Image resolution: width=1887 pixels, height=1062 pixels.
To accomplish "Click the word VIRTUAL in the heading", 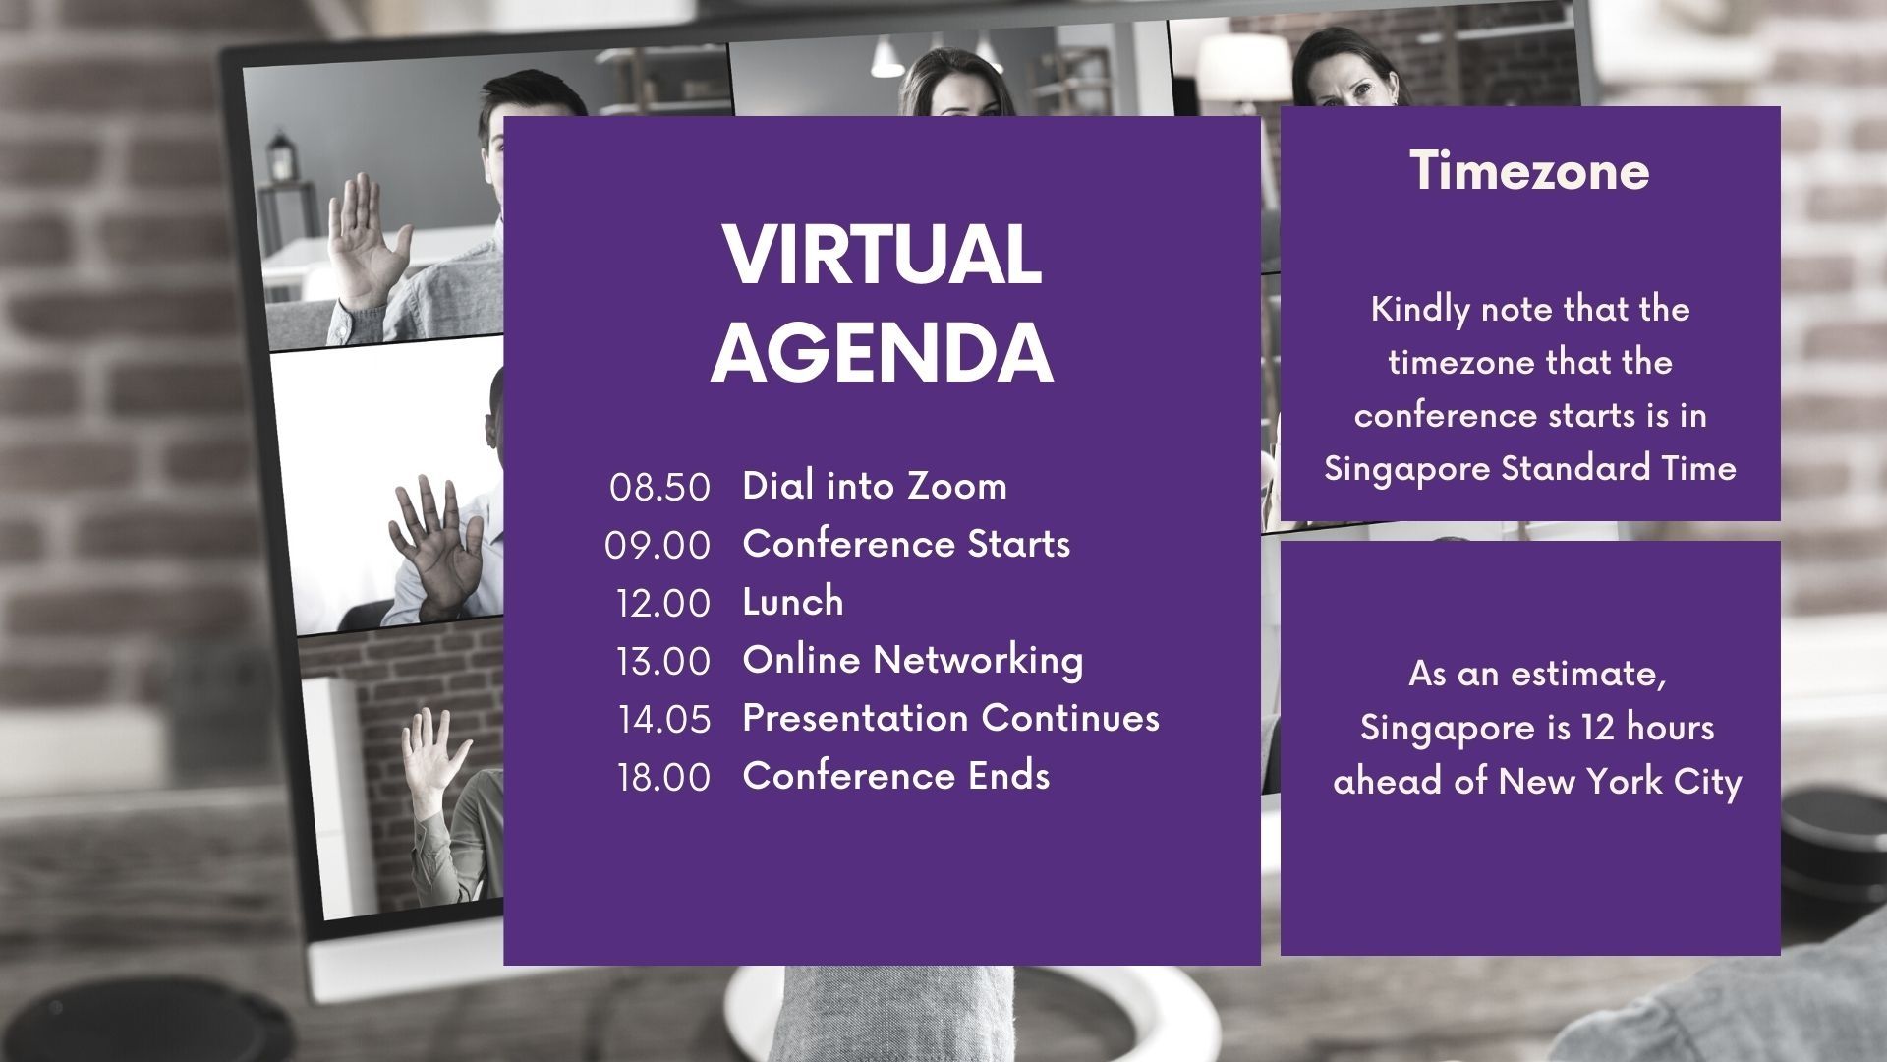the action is pos(882,256).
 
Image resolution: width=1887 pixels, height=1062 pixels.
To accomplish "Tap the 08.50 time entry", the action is pos(659,487).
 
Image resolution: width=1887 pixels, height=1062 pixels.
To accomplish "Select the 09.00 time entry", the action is pos(658,545).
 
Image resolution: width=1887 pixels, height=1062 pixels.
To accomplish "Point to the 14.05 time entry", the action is pos(664,719).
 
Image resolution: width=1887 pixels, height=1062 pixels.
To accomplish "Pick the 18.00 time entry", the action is pos(664,777).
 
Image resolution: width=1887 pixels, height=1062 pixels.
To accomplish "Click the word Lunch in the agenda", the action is pos(793,601).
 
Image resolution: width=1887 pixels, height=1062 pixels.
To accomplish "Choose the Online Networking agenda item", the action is pos(913,660).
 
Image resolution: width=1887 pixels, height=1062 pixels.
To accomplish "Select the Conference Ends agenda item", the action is pos(896,775).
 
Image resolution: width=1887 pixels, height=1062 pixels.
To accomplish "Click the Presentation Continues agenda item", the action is pos(951,717).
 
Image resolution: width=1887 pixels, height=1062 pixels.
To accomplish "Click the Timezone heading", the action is pos(1529,171).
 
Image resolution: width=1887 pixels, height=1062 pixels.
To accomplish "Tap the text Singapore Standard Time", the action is pos(1530,469).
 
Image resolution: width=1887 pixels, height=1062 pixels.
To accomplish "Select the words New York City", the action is pos(1620,782).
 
